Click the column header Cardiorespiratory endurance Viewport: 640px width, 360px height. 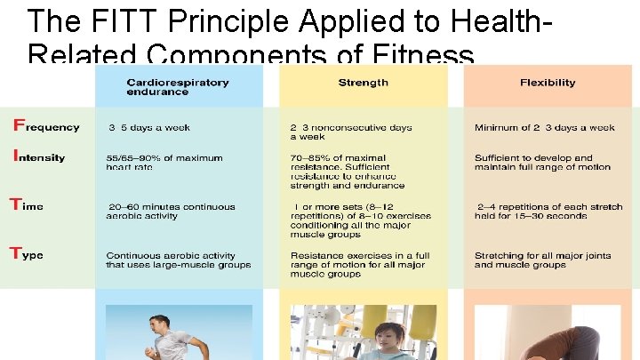[x=177, y=87]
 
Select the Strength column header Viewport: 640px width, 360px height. [x=363, y=83]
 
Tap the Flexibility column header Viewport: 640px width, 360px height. [x=548, y=83]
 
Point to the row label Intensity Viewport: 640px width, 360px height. [x=38, y=156]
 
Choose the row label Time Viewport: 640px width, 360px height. [x=27, y=205]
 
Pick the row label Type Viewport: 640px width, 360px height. [x=27, y=254]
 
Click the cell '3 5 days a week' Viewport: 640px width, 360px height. [x=148, y=128]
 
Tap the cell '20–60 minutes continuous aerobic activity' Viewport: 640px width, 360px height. [x=171, y=212]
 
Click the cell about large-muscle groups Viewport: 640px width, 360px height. [x=178, y=260]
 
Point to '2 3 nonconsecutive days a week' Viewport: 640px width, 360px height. [x=351, y=132]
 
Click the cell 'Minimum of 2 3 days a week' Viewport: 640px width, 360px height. [x=544, y=128]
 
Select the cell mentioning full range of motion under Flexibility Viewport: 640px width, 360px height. [x=542, y=163]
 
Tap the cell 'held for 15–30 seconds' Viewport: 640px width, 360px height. [x=548, y=212]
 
